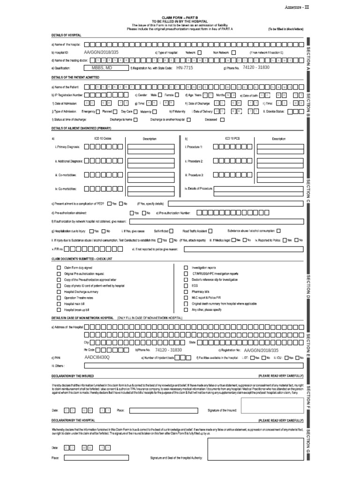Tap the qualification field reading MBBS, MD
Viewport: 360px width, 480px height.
point(102,68)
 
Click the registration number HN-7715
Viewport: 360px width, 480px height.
point(184,68)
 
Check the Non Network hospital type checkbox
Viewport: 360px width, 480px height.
point(233,52)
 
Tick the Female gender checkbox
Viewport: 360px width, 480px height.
point(177,95)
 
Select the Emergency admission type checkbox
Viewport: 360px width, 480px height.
point(98,112)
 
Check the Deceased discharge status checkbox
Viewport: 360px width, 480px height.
point(222,120)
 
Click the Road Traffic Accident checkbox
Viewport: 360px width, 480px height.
point(210,231)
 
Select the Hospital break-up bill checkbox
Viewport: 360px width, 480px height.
point(59,310)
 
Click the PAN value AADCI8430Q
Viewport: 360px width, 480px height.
point(97,358)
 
